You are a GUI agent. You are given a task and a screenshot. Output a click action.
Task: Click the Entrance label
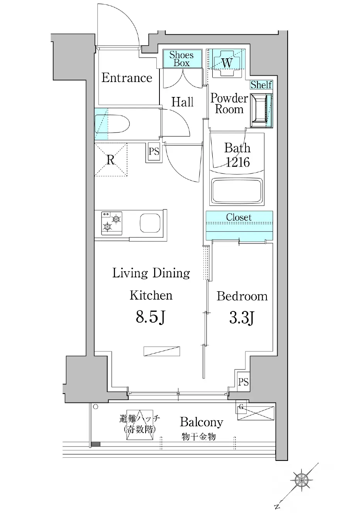127,78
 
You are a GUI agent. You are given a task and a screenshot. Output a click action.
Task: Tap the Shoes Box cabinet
183,58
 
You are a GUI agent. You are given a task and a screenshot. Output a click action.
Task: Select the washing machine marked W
226,63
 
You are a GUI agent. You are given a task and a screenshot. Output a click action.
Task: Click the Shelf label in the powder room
261,85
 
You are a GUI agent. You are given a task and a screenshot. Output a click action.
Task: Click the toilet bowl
112,124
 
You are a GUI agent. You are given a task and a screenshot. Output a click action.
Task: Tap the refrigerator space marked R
111,160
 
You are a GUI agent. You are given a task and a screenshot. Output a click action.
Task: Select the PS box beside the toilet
154,151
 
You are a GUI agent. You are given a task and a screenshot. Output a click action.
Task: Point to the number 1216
237,162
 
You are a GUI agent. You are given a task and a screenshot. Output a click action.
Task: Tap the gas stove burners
112,223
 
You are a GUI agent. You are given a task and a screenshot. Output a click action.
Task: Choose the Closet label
239,217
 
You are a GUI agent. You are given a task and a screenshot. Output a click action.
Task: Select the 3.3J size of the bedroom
242,318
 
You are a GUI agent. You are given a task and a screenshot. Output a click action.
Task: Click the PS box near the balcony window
243,382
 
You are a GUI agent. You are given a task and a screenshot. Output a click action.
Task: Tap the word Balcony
202,423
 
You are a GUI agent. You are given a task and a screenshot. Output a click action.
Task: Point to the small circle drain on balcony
96,407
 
